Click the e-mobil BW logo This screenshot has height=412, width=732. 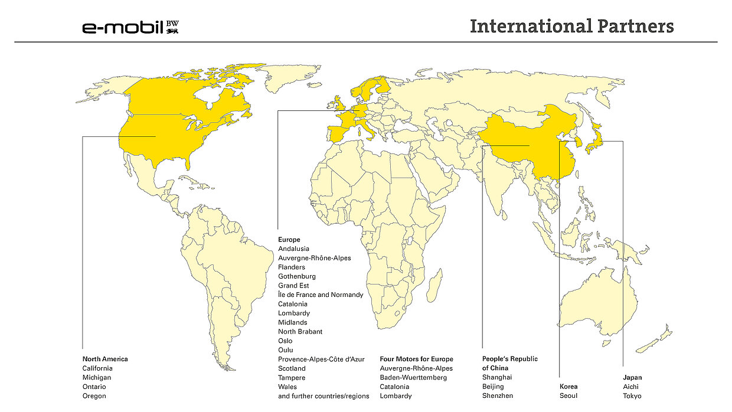[x=130, y=27]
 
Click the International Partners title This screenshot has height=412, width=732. [x=571, y=27]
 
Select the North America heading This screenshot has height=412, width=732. [x=105, y=359]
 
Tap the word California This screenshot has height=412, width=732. [x=97, y=368]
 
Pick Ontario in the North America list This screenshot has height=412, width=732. [x=94, y=387]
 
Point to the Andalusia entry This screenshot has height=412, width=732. [x=293, y=249]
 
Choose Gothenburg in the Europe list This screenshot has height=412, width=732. [x=297, y=276]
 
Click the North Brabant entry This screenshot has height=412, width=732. [x=300, y=332]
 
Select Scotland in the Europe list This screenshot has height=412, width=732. [x=292, y=368]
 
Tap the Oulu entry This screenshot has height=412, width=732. [x=286, y=350]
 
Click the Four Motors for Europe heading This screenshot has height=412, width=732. [x=416, y=359]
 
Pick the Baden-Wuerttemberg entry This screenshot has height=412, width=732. [x=413, y=377]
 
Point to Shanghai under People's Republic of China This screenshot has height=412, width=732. [x=497, y=377]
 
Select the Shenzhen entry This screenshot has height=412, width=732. [x=498, y=395]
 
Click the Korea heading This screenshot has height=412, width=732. [x=568, y=387]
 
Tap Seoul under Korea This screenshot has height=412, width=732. [x=568, y=395]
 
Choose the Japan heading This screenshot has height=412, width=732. [x=632, y=377]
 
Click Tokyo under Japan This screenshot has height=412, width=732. [x=632, y=395]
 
